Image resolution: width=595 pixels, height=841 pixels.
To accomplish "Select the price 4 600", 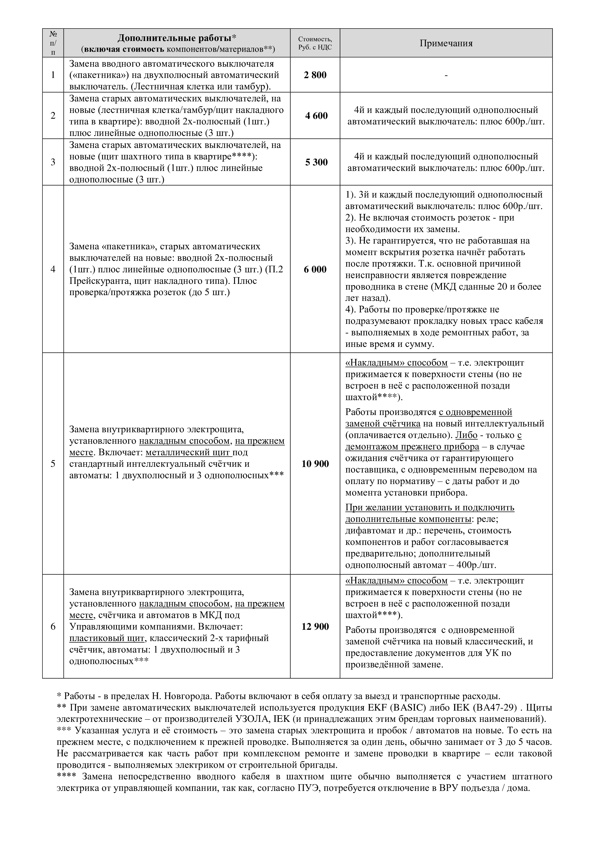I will pyautogui.click(x=316, y=116).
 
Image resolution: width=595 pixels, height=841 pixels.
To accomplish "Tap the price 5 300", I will pyautogui.click(x=316, y=162).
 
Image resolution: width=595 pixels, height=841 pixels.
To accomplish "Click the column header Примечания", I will pyautogui.click(x=446, y=43).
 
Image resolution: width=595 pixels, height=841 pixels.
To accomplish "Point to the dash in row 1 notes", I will pyautogui.click(x=446, y=75).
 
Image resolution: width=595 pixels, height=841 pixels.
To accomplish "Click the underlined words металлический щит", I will pyautogui.click(x=189, y=452).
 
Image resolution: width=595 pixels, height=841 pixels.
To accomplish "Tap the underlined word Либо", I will pyautogui.click(x=466, y=435).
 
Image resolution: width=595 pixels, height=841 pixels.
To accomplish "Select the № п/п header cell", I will pyautogui.click(x=53, y=43).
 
